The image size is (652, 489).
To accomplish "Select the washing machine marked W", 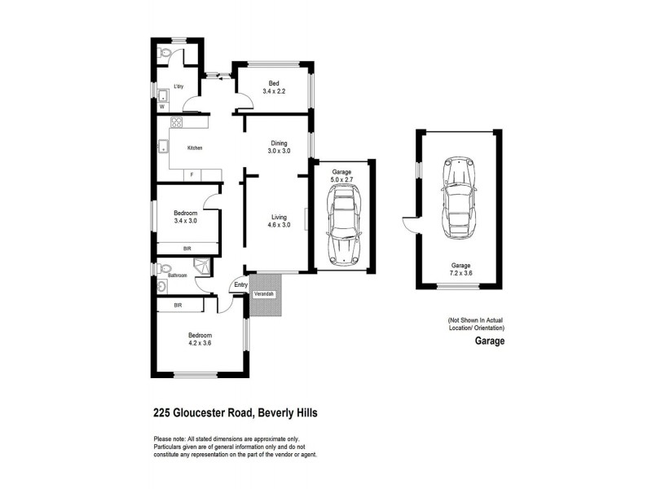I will tap(161, 106).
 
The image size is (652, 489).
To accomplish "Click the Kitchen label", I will tap(194, 148).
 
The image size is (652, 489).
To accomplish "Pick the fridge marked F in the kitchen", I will tap(192, 174).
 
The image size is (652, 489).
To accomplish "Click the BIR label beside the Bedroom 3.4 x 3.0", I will tap(187, 249).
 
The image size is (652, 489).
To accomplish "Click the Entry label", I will tap(240, 284).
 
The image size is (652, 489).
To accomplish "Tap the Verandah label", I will tap(264, 293).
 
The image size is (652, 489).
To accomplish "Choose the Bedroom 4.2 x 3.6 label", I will tap(200, 339).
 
